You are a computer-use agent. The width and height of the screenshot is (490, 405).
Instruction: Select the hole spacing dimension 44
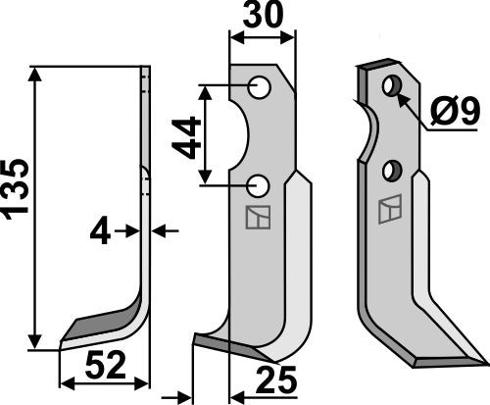(x=186, y=136)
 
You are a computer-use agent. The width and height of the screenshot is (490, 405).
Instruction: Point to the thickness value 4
(x=99, y=231)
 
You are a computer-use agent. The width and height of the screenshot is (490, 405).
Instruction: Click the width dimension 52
(x=104, y=368)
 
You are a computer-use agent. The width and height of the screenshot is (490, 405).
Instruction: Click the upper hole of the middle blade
(x=259, y=88)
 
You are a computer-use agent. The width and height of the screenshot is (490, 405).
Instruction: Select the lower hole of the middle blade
(x=259, y=183)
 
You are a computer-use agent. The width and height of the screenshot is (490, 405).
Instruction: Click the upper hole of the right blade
(x=392, y=86)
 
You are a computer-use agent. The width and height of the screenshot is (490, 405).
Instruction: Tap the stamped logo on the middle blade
(x=255, y=218)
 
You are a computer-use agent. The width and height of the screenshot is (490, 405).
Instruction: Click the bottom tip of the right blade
(x=416, y=364)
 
